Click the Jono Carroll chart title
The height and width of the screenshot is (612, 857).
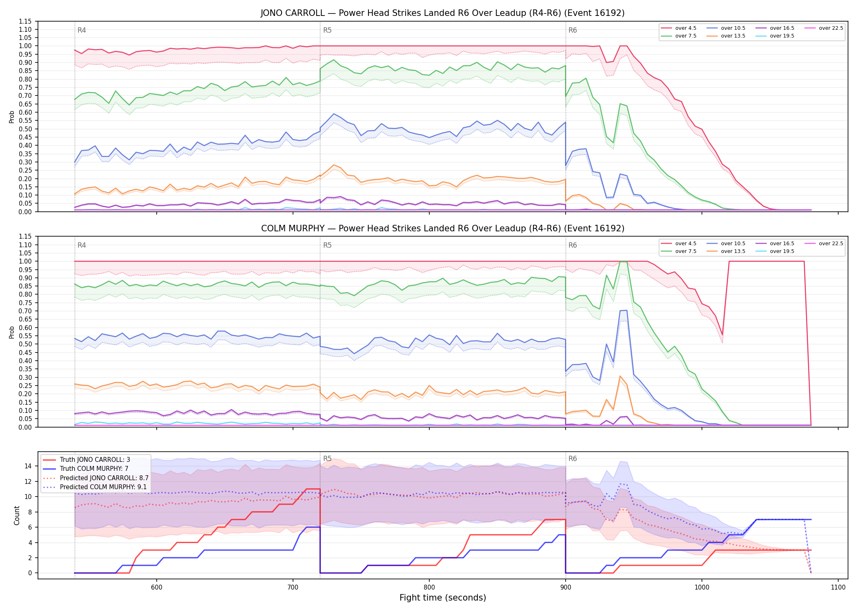(x=442, y=13)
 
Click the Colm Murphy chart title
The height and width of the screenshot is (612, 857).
(x=442, y=228)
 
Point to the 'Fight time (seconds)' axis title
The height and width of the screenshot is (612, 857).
(x=443, y=598)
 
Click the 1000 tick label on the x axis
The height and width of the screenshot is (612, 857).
(x=702, y=588)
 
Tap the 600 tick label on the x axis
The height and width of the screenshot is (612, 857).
(x=157, y=588)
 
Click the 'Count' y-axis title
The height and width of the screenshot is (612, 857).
(x=17, y=515)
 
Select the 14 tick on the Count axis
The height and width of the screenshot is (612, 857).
(x=29, y=466)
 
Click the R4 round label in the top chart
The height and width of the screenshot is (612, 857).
(x=82, y=30)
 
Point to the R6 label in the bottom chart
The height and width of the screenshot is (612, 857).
(x=573, y=459)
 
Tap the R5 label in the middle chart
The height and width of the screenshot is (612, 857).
(x=327, y=245)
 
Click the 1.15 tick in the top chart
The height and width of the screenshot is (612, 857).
(x=25, y=21)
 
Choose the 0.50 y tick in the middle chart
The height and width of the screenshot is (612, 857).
(x=25, y=344)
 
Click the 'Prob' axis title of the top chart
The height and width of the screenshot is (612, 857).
(x=12, y=117)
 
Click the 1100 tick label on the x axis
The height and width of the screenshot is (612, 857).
(x=838, y=588)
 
